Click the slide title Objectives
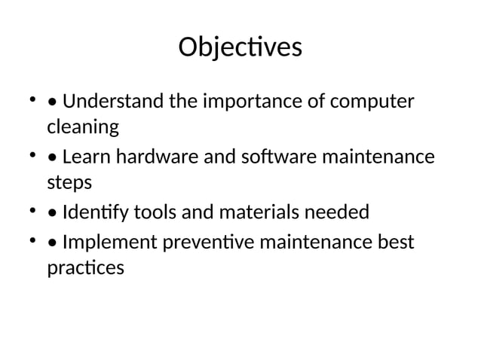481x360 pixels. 240,48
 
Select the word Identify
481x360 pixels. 95,212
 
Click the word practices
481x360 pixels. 85,268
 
